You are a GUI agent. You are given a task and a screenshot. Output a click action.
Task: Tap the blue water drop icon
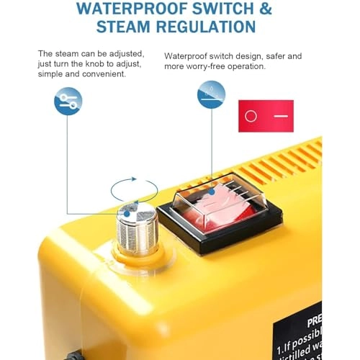[211, 94]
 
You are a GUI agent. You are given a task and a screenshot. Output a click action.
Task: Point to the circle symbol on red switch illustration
[251, 116]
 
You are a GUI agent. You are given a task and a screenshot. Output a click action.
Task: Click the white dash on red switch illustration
[280, 116]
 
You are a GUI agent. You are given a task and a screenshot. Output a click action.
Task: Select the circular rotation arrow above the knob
[135, 191]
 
